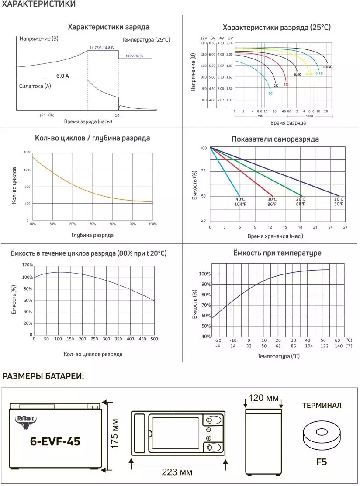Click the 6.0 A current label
click(x=62, y=76)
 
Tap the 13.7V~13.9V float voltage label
click(x=134, y=56)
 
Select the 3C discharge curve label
click(x=270, y=94)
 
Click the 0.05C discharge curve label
click(x=328, y=67)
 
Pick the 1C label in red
click(x=286, y=84)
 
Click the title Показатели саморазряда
click(x=275, y=139)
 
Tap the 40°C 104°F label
click(x=240, y=201)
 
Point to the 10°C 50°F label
click(x=339, y=201)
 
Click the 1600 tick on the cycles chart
click(x=28, y=152)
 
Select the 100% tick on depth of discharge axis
click(x=152, y=224)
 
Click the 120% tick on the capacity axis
click(x=28, y=265)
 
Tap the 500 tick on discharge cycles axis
click(x=154, y=339)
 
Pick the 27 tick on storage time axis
click(x=345, y=227)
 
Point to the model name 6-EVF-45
click(x=55, y=441)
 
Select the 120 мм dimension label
click(x=263, y=398)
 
